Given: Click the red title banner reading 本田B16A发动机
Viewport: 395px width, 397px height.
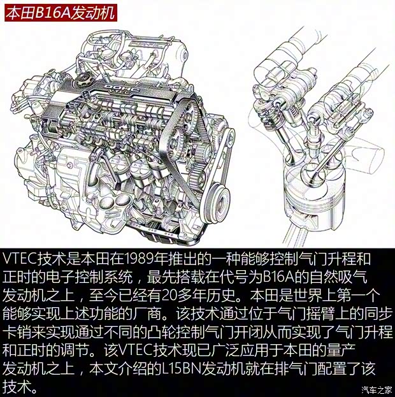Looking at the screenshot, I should coord(61,13).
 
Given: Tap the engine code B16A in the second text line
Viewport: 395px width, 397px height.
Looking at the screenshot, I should coord(273,278).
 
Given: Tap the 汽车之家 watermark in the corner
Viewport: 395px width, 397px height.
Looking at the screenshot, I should coord(376,390).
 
